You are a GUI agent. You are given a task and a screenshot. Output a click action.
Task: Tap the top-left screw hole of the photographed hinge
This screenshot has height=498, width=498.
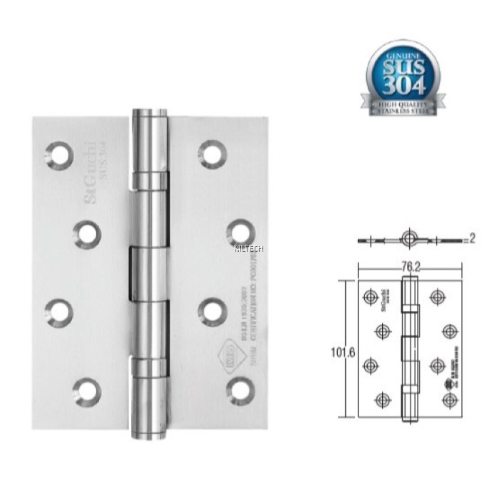pyautogui.click(x=59, y=154)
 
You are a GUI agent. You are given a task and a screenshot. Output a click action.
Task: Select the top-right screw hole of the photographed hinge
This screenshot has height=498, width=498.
pyautogui.click(x=211, y=153)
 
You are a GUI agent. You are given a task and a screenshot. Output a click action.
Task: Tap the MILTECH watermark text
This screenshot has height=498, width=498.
pyautogui.click(x=248, y=249)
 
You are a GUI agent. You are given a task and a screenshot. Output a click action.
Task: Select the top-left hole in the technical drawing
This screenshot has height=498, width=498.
pyautogui.click(x=369, y=297)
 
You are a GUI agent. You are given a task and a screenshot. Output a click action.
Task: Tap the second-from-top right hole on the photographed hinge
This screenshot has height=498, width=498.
pyautogui.click(x=240, y=232)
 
